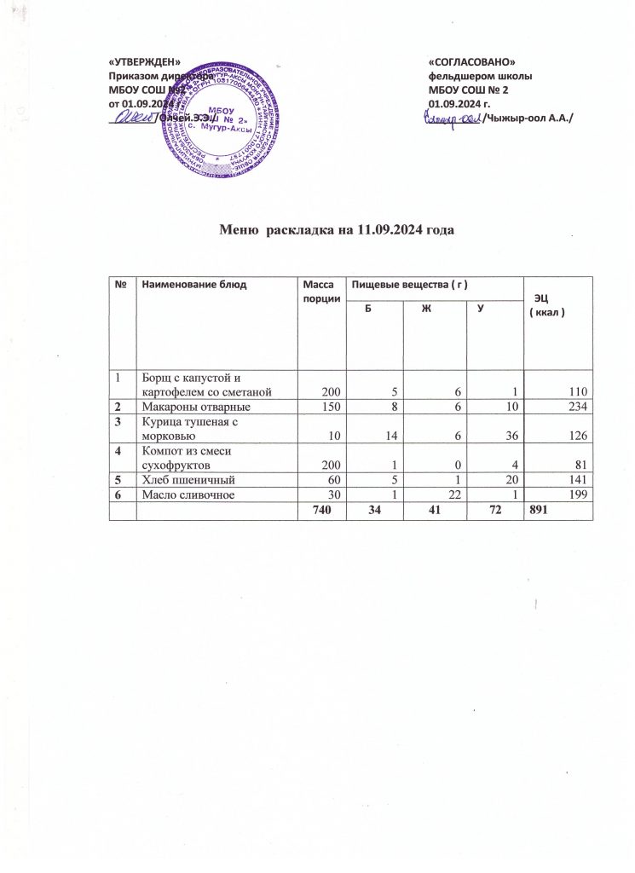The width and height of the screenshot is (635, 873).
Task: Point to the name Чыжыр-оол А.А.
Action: click(528, 117)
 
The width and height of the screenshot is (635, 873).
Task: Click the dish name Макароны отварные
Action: click(189, 408)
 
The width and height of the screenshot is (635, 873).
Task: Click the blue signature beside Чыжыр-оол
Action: click(452, 118)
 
